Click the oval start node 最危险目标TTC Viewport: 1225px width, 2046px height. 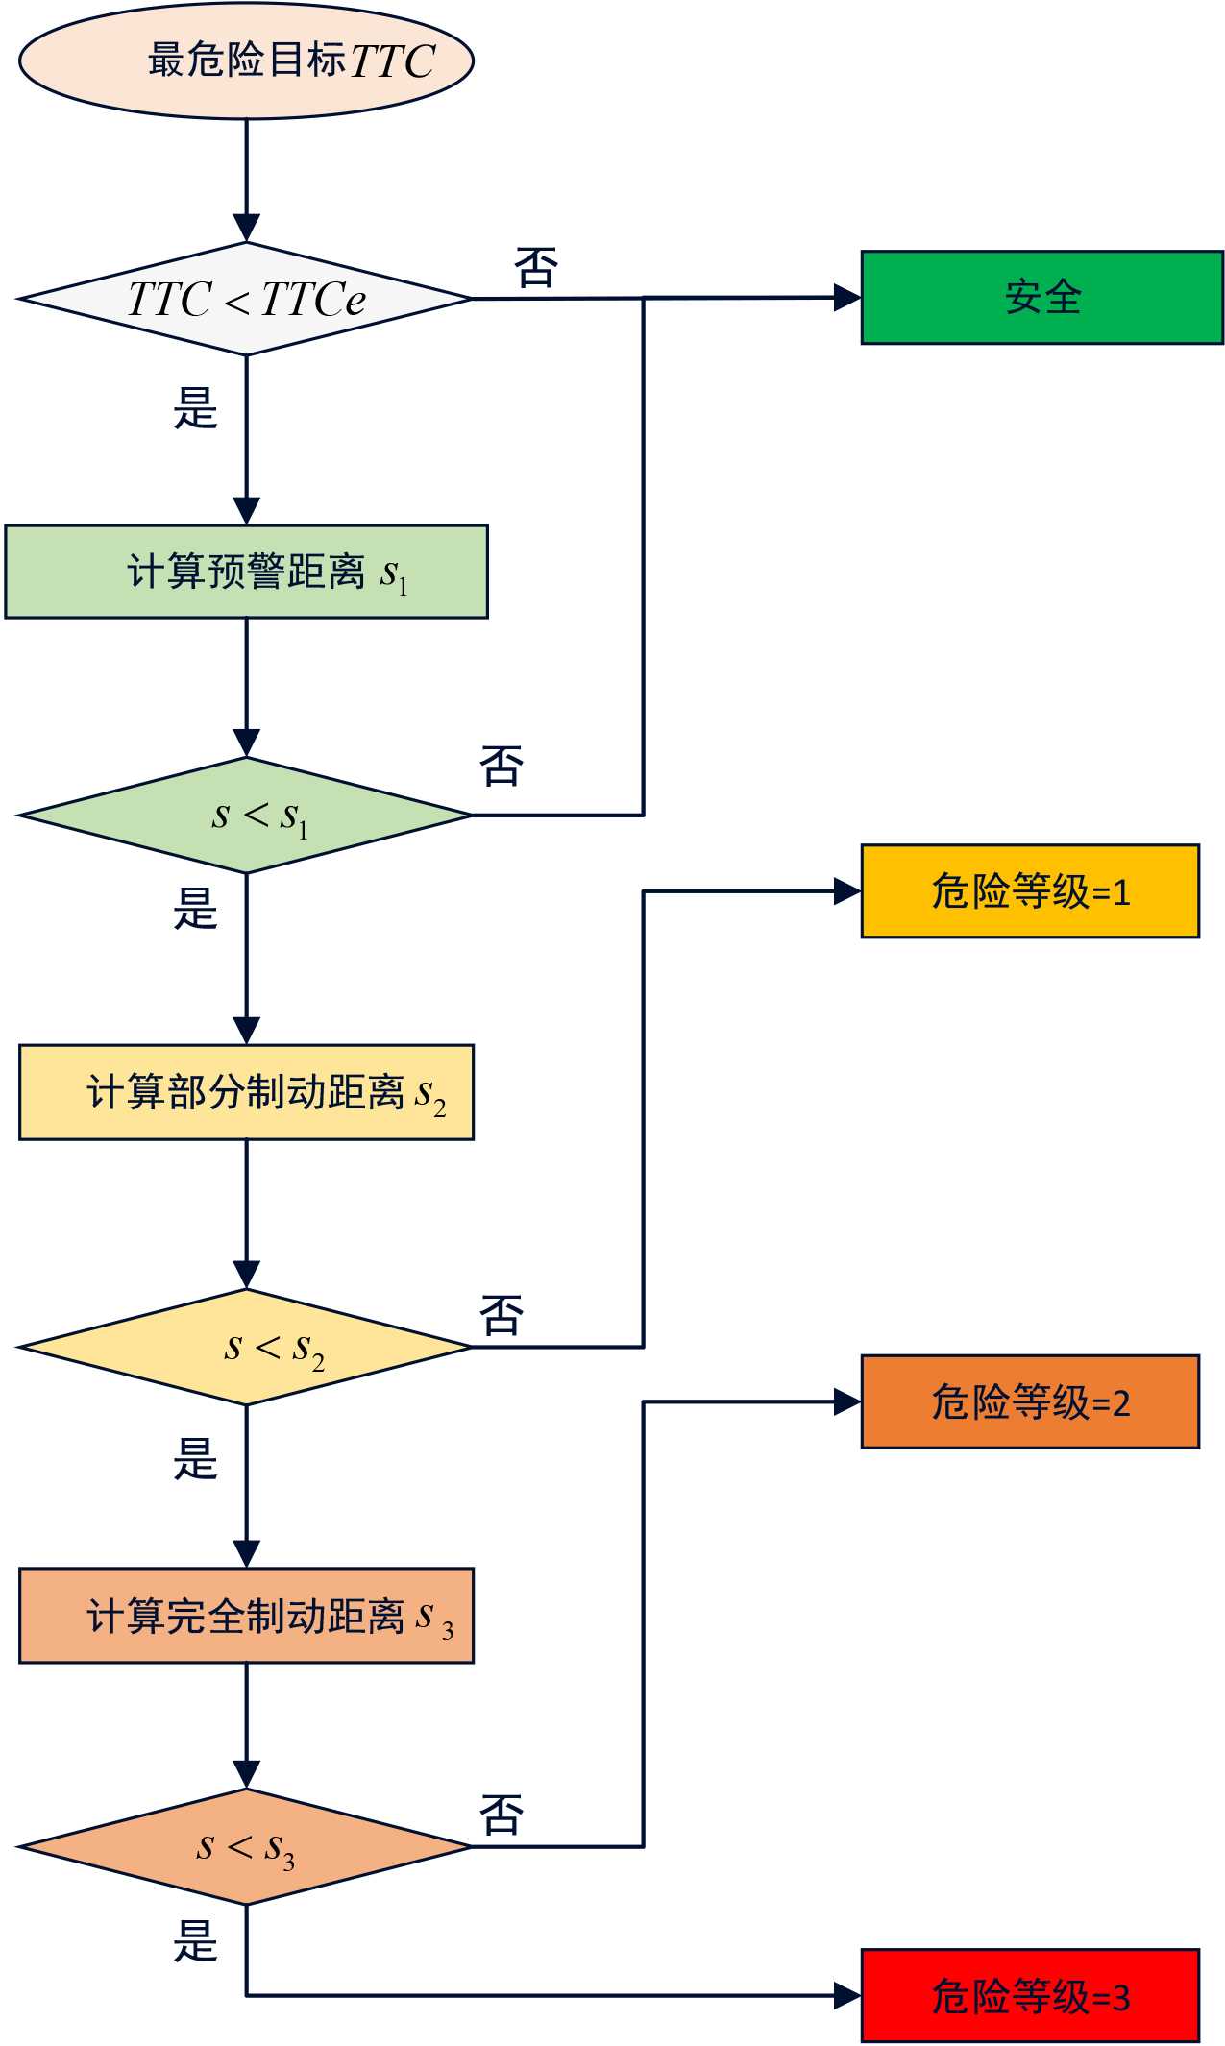[246, 61]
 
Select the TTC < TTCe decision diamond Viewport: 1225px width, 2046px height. [246, 299]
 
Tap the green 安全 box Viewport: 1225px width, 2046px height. [1041, 298]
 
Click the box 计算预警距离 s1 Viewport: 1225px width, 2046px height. [246, 572]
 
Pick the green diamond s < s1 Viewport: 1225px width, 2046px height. [246, 816]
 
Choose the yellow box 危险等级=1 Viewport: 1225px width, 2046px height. [1030, 891]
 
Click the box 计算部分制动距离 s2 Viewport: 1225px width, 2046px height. [246, 1092]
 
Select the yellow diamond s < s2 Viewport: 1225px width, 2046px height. [246, 1347]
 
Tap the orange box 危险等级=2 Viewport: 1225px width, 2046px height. [1030, 1402]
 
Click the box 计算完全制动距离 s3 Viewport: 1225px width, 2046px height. [246, 1616]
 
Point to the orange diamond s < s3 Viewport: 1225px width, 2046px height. [246, 1846]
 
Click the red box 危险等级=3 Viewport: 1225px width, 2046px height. [1030, 1996]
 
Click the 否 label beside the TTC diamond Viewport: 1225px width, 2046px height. [536, 267]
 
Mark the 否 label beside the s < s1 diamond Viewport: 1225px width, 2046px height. [502, 766]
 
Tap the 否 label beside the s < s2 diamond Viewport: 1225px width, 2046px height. [502, 1315]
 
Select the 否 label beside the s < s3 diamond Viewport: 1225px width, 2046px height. [502, 1815]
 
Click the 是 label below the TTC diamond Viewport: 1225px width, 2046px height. [196, 407]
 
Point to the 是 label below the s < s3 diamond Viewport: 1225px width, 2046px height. [196, 1940]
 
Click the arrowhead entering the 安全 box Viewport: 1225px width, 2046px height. [847, 298]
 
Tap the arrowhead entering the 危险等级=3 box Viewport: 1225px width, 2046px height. [847, 1996]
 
